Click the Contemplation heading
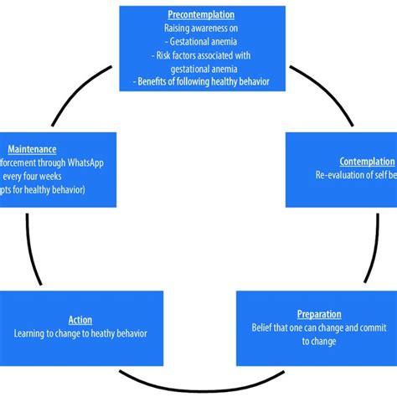(x=367, y=161)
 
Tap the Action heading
(x=80, y=320)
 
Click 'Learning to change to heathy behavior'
(x=80, y=333)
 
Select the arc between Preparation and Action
(x=198, y=374)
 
